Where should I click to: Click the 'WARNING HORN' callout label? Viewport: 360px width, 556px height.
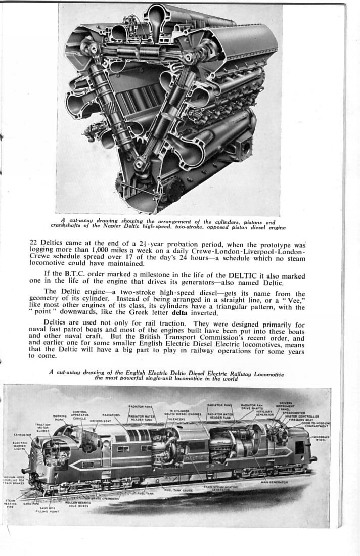coord(60,419)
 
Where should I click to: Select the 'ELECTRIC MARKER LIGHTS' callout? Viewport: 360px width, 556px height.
coord(20,446)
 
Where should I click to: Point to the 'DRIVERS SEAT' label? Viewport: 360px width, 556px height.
coord(100,421)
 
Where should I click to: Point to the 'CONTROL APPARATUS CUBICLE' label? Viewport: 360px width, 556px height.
coord(80,414)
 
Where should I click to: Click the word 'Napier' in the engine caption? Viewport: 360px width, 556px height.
coord(116,228)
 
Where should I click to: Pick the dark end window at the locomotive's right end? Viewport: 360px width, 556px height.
coord(299,448)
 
